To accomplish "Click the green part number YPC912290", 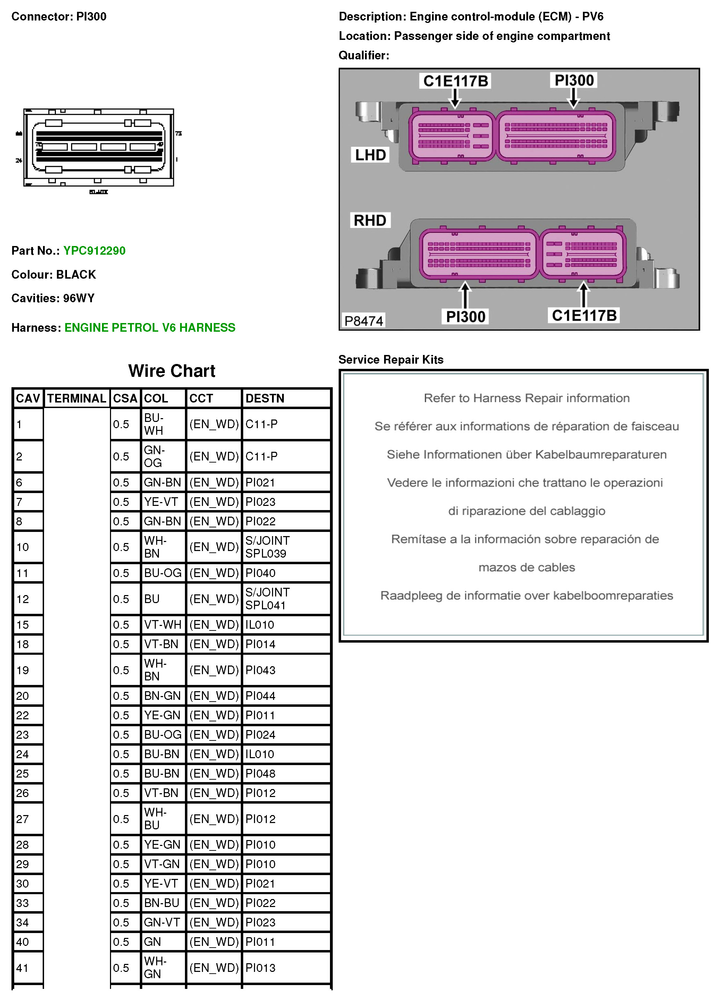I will pyautogui.click(x=94, y=251).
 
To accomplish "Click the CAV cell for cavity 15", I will pyautogui.click(x=23, y=625).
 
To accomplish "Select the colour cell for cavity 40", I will pyautogui.click(x=153, y=942).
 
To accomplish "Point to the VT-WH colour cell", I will pyautogui.click(x=163, y=625).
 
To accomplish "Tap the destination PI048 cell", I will pyautogui.click(x=260, y=773).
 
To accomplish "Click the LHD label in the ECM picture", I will pyautogui.click(x=371, y=155).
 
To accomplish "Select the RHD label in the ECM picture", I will pyautogui.click(x=370, y=220).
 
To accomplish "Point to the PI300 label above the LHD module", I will pyautogui.click(x=574, y=80).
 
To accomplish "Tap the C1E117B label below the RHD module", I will pyautogui.click(x=584, y=315).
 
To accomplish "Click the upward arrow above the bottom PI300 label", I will pyautogui.click(x=465, y=295).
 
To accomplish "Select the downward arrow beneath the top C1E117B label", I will pyautogui.click(x=455, y=98).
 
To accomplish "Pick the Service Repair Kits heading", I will pyautogui.click(x=391, y=359).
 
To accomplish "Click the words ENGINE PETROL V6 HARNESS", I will pyautogui.click(x=150, y=328).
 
